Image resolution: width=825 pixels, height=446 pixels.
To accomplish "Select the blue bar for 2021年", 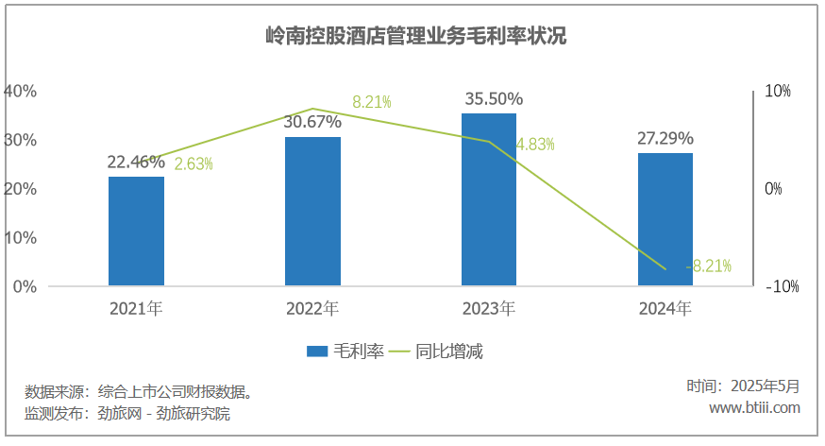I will click(136, 232).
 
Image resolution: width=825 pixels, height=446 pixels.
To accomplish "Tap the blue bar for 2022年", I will click(312, 212).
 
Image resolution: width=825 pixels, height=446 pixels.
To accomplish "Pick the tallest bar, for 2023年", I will click(489, 199).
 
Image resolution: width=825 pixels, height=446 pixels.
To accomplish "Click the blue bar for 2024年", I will click(665, 219).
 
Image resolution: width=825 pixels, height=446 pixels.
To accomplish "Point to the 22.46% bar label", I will click(136, 162).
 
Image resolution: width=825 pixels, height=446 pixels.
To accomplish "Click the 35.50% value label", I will click(490, 99).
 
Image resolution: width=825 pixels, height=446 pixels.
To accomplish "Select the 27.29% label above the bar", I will click(665, 138).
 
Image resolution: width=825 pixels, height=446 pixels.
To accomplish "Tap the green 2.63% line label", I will click(194, 163).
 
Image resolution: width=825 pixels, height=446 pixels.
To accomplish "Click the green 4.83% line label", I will click(535, 145).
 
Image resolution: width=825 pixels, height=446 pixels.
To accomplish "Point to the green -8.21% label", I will click(709, 266).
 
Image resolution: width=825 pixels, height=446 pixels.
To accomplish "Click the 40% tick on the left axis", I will click(20, 92).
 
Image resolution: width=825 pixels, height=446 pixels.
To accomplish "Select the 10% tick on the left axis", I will click(20, 237).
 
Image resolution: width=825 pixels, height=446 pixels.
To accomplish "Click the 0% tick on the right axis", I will click(774, 189).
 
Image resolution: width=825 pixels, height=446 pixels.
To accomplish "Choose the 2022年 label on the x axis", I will click(312, 308).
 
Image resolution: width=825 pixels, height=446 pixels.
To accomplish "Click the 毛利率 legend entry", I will click(345, 352).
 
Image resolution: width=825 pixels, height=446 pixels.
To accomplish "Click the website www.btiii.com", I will click(754, 408).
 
